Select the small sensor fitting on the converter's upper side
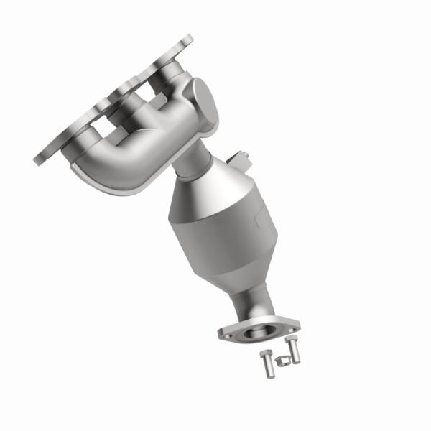pyautogui.click(x=240, y=157)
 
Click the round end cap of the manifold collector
pyautogui.click(x=204, y=101)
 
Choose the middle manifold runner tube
pyautogui.click(x=133, y=115)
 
